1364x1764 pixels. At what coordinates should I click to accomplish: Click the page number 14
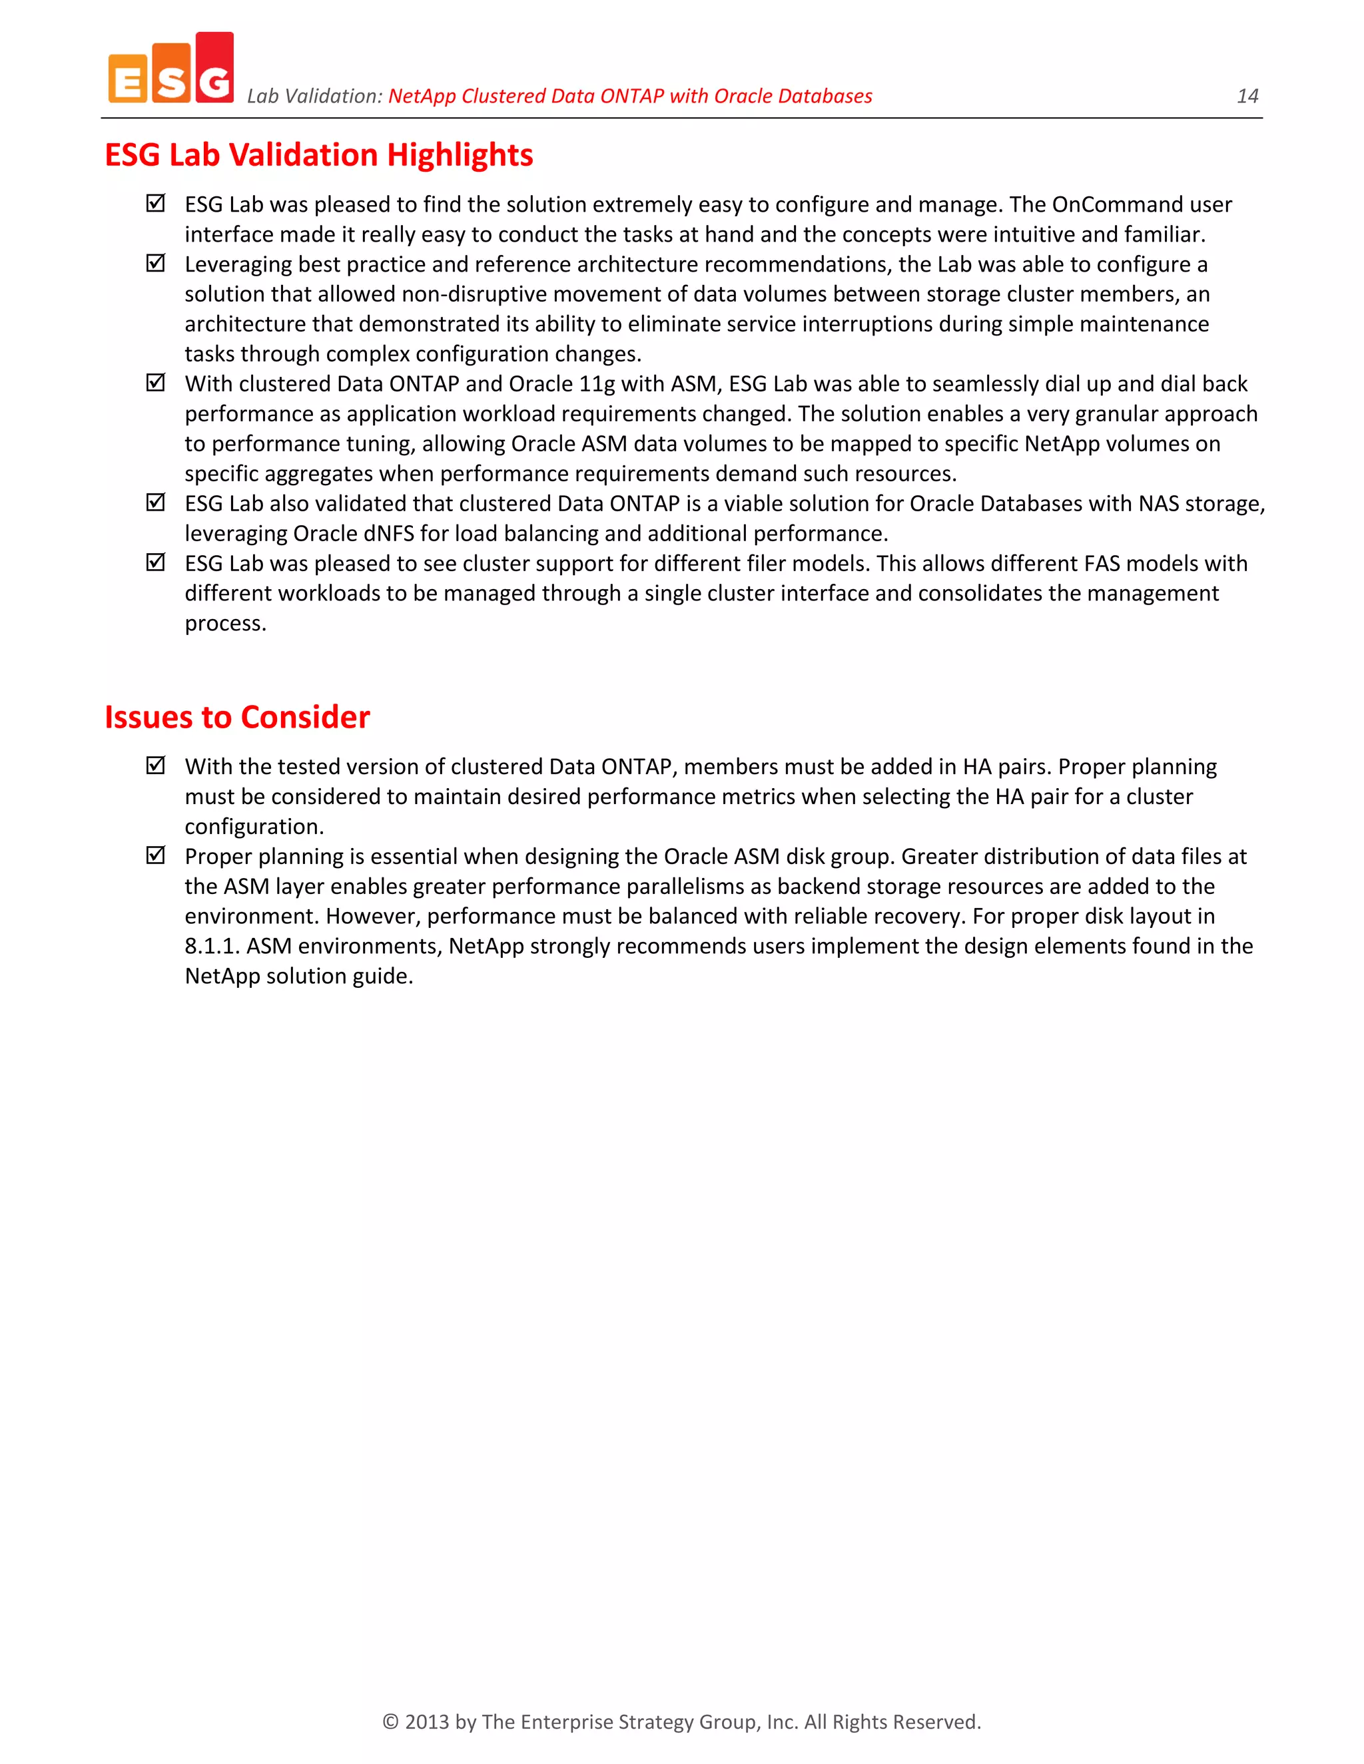tap(1247, 96)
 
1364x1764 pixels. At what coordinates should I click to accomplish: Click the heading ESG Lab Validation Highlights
tap(318, 155)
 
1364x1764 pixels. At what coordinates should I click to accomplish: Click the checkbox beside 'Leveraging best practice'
tap(156, 264)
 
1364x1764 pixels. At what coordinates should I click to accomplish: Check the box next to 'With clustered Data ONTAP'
tap(156, 383)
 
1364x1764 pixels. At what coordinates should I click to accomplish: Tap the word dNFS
tap(388, 534)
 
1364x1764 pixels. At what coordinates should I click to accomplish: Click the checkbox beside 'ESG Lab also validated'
tap(156, 503)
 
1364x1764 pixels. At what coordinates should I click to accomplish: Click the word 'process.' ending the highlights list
tap(226, 624)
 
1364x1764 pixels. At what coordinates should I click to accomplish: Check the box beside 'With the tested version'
tap(156, 765)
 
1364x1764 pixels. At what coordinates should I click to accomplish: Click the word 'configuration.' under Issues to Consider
tap(254, 827)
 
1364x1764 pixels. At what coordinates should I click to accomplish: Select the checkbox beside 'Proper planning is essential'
tap(156, 855)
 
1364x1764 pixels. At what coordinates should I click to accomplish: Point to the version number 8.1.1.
tap(212, 947)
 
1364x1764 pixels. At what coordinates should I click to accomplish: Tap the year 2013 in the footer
tap(427, 1722)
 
